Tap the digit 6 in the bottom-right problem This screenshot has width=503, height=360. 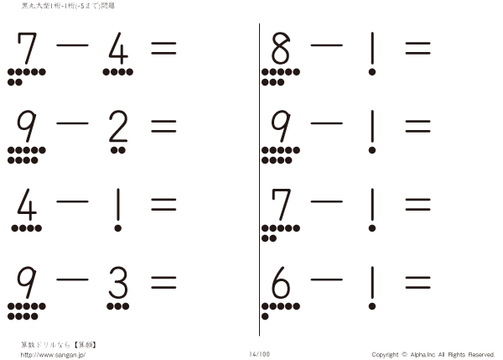coord(280,287)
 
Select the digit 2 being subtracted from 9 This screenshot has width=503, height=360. coord(118,128)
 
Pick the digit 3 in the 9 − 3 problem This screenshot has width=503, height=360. coord(118,287)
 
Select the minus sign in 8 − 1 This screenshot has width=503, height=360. coord(326,48)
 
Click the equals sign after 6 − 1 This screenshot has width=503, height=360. coord(417,285)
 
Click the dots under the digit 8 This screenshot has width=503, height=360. coord(280,76)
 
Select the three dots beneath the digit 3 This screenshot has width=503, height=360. coord(118,307)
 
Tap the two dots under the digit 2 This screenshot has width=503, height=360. coord(118,150)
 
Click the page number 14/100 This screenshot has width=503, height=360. coord(259,354)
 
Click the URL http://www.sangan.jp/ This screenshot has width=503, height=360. coord(53,354)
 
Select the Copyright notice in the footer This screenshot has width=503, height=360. coord(433,354)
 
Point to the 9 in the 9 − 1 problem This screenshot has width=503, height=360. coord(280,128)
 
